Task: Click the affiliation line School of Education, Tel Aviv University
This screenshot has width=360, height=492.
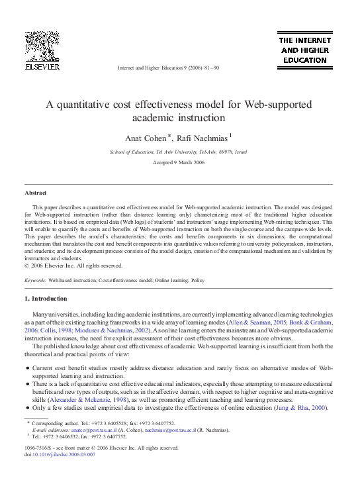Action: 179,152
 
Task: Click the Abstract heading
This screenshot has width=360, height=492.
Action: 35,192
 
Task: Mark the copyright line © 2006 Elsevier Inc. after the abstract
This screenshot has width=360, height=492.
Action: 73,266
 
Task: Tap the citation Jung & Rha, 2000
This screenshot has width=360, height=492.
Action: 305,408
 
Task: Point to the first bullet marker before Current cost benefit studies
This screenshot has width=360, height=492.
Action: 26,368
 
